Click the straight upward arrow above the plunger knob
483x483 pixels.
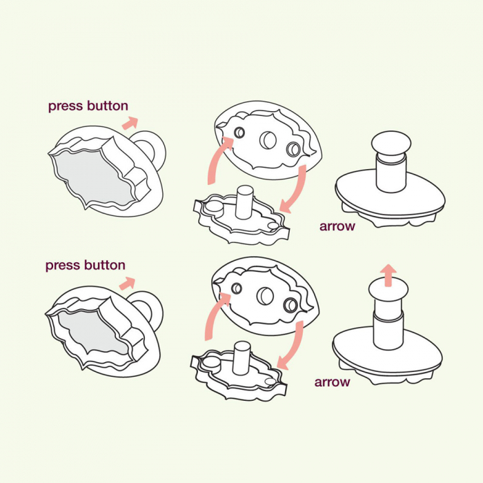pyautogui.click(x=388, y=275)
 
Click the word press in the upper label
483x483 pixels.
pyautogui.click(x=66, y=106)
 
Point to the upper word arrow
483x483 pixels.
pyautogui.click(x=337, y=226)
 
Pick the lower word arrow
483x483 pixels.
pyautogui.click(x=332, y=382)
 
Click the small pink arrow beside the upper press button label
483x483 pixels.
pyautogui.click(x=130, y=123)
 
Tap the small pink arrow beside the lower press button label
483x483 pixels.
pyautogui.click(x=127, y=284)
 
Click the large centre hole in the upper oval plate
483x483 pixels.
pyautogui.click(x=268, y=140)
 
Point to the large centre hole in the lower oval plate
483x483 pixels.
pyautogui.click(x=265, y=296)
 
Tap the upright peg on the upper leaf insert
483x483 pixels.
pyautogui.click(x=244, y=202)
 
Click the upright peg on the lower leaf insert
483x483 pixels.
pyautogui.click(x=241, y=358)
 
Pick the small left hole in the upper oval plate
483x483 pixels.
pyautogui.click(x=239, y=132)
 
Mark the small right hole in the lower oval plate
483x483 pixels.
pyautogui.click(x=290, y=305)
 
